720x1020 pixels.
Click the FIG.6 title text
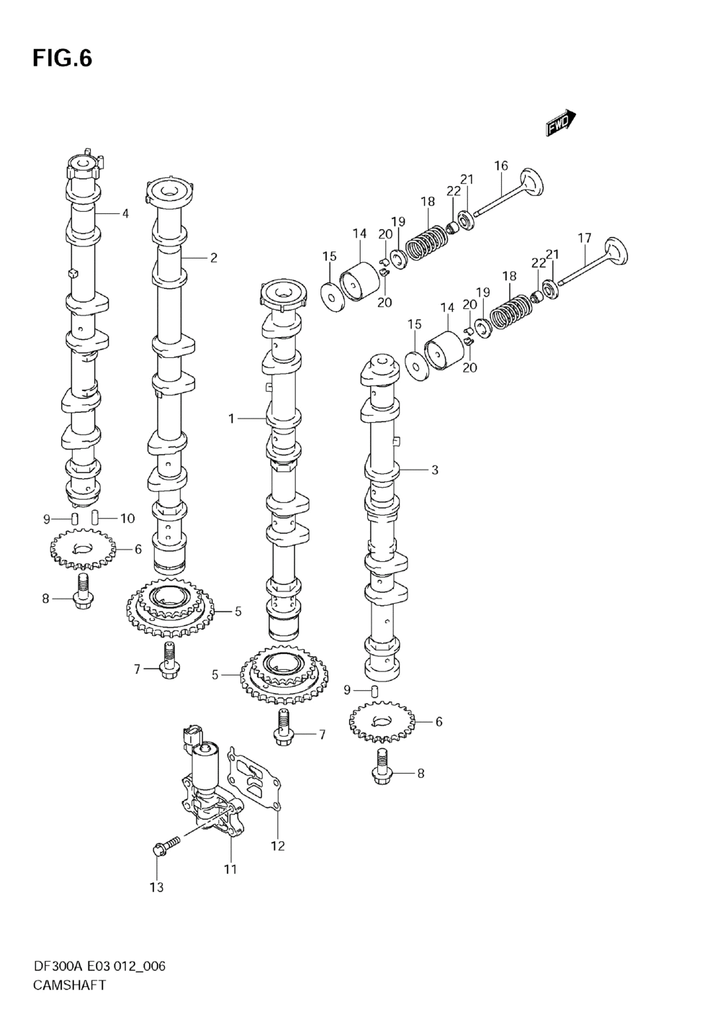pos(63,58)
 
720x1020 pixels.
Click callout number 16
pos(501,166)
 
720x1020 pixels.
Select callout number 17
pos(585,238)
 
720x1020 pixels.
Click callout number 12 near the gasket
pos(278,846)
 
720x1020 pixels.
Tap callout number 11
pos(230,869)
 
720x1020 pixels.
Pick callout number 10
pos(128,518)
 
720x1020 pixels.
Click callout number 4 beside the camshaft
pos(125,213)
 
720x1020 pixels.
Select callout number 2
pos(213,258)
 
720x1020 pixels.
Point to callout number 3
pos(435,470)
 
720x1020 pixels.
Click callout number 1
pos(231,418)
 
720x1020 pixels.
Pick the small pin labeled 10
pos(95,518)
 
